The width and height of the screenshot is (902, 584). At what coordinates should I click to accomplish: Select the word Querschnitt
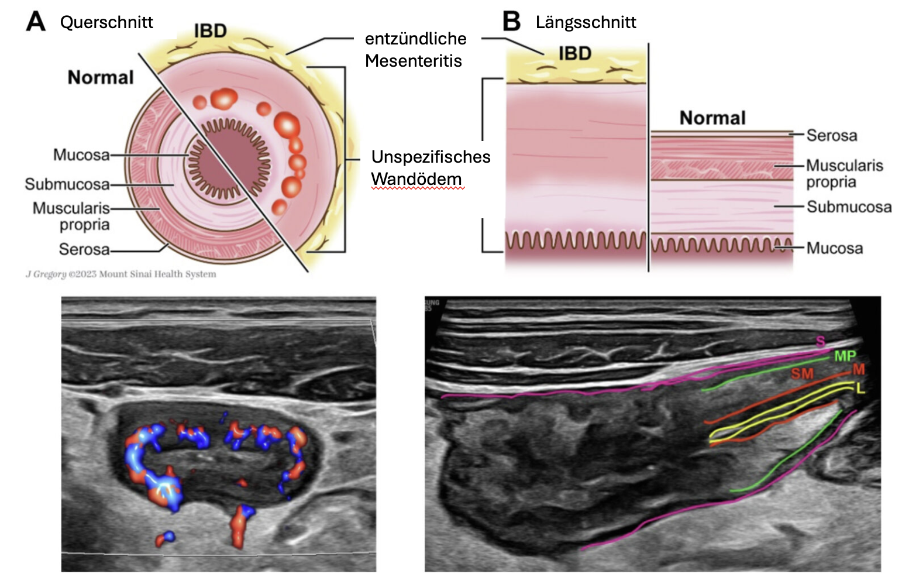click(106, 22)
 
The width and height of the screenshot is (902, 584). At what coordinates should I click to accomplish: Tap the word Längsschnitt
click(586, 22)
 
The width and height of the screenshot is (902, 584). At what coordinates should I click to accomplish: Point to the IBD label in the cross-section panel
click(210, 30)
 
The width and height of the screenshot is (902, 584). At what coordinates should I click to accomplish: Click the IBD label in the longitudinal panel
click(574, 53)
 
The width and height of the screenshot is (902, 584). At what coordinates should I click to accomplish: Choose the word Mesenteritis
click(413, 61)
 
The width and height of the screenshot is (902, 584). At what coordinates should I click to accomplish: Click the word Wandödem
click(416, 179)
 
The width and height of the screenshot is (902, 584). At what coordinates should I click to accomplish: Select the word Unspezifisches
click(431, 157)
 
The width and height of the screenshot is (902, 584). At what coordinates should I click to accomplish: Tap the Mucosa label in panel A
click(81, 155)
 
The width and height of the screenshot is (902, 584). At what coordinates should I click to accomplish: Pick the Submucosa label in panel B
click(849, 207)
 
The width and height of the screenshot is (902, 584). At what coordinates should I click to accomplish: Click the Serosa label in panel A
click(84, 249)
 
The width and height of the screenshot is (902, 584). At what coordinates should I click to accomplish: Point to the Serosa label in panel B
click(831, 135)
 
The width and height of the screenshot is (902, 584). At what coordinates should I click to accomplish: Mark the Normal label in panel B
click(712, 118)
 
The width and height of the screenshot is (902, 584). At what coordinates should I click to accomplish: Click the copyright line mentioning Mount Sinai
click(121, 274)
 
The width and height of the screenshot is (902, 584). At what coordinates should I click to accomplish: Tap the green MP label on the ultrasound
click(845, 356)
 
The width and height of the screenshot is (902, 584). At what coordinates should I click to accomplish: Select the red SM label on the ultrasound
click(802, 373)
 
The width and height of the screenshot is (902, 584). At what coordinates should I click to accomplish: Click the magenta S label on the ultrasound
click(820, 342)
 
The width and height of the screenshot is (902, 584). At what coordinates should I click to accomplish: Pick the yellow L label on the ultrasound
click(860, 388)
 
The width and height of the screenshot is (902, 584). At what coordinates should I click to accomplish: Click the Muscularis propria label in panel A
click(71, 216)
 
